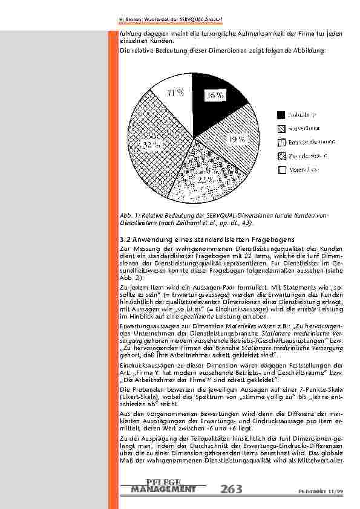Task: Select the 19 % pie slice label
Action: pyautogui.click(x=236, y=139)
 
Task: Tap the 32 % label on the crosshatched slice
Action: pyautogui.click(x=152, y=145)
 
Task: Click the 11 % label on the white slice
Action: pyautogui.click(x=175, y=92)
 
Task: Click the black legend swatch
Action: pyautogui.click(x=281, y=115)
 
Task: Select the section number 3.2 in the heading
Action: pyautogui.click(x=126, y=242)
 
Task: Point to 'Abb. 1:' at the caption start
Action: pyautogui.click(x=129, y=215)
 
